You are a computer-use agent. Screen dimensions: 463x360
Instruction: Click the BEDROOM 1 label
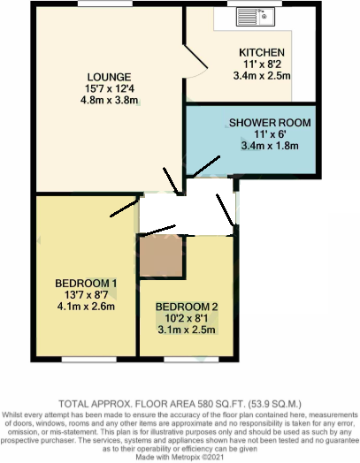pos(86,283)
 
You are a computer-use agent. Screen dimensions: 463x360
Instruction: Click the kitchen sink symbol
pos(264,15)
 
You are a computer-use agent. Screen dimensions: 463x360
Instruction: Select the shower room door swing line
pos(208,165)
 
